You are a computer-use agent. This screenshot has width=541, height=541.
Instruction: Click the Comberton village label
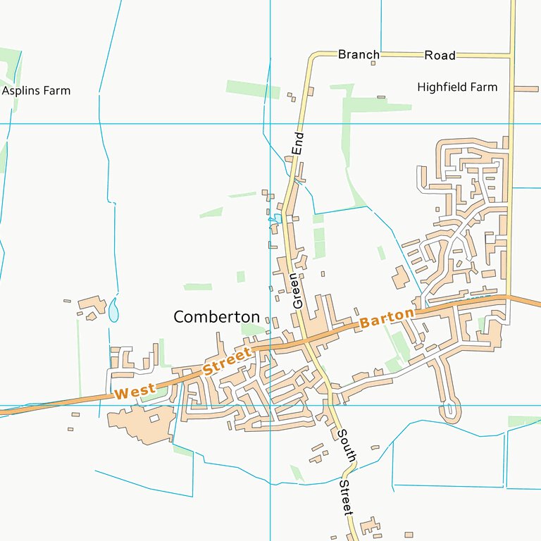(x=216, y=317)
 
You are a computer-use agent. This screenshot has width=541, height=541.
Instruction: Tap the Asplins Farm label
(x=36, y=91)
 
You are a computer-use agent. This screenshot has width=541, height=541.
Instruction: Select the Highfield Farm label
(x=457, y=87)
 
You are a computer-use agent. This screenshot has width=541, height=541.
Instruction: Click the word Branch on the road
(x=359, y=54)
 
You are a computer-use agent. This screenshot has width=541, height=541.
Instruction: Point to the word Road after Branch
(x=440, y=55)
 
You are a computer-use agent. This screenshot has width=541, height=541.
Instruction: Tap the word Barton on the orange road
(x=386, y=318)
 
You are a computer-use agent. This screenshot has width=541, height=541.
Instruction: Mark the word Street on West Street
(x=227, y=360)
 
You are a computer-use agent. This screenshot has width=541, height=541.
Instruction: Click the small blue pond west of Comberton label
(x=114, y=309)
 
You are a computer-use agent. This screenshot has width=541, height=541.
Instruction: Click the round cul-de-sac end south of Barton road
(x=452, y=411)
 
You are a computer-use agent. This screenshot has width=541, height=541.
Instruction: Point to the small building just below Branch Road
(x=373, y=63)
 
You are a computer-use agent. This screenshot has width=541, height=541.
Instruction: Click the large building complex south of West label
(x=143, y=423)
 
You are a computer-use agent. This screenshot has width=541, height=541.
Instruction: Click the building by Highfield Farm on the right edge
(x=526, y=89)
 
